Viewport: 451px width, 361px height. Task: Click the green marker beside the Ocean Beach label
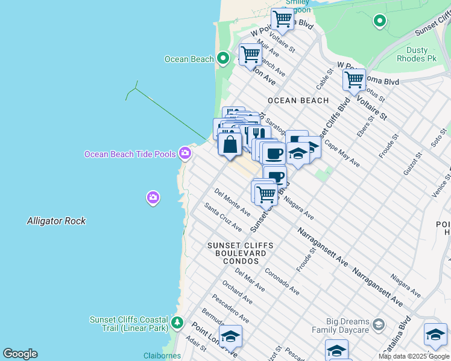[223, 58]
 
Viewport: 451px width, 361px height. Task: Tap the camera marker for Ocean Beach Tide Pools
[185, 154]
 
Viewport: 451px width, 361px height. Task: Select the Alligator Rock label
[56, 221]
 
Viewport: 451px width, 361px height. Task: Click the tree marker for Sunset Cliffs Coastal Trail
[177, 323]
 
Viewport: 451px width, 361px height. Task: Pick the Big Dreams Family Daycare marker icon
[378, 325]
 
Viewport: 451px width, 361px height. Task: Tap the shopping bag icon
[230, 144]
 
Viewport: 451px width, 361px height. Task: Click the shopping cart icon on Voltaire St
[354, 79]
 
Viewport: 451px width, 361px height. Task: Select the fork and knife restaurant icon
[258, 134]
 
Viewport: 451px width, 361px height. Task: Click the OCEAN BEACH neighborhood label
[298, 100]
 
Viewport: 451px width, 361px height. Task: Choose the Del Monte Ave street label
[232, 202]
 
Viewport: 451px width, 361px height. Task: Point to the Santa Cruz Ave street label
[222, 217]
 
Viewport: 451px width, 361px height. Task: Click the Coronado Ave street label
[282, 282]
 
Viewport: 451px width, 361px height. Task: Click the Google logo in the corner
[20, 354]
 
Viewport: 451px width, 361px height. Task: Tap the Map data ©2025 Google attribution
[414, 356]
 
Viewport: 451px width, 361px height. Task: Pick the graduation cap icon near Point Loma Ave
[230, 337]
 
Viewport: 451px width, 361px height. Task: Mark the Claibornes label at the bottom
[162, 356]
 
